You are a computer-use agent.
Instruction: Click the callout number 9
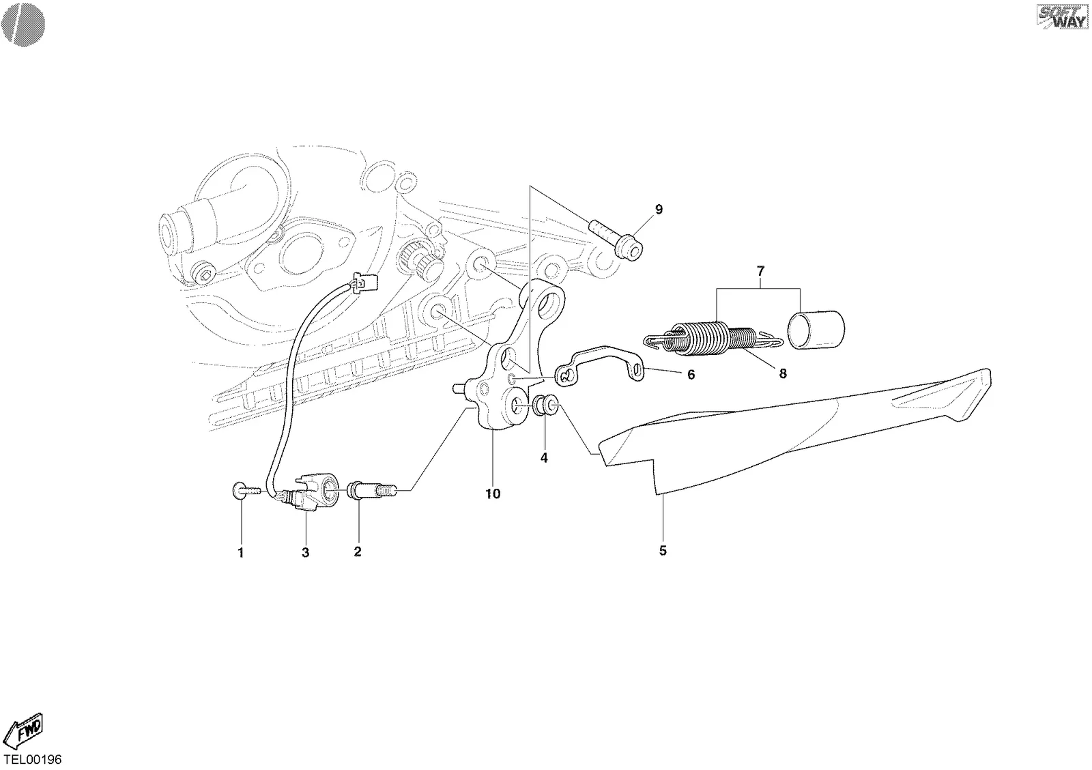pyautogui.click(x=659, y=210)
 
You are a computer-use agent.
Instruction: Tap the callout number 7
pyautogui.click(x=760, y=270)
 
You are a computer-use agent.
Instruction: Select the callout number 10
pyautogui.click(x=493, y=494)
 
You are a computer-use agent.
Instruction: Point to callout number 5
pyautogui.click(x=663, y=551)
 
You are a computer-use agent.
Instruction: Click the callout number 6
pyautogui.click(x=691, y=375)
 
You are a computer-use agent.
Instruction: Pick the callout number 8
pyautogui.click(x=782, y=373)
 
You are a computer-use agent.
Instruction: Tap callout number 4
pyautogui.click(x=544, y=458)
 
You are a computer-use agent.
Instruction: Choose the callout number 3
pyautogui.click(x=305, y=552)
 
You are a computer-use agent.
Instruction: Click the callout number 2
pyautogui.click(x=358, y=552)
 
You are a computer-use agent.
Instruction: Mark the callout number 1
pyautogui.click(x=240, y=553)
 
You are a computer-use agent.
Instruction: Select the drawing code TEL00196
pyautogui.click(x=33, y=760)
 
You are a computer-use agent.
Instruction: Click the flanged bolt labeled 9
pyautogui.click(x=616, y=240)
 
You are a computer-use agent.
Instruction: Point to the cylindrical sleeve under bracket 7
pyautogui.click(x=816, y=330)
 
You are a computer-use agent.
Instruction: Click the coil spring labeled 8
pyautogui.click(x=713, y=338)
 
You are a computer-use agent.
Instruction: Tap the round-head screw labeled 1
pyautogui.click(x=248, y=491)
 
